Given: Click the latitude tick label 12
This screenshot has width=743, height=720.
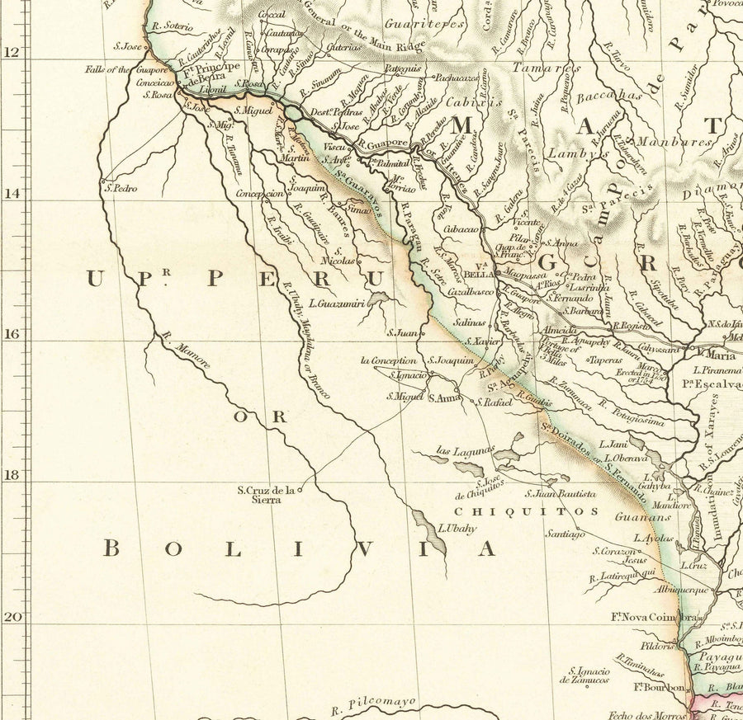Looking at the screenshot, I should (x=11, y=52).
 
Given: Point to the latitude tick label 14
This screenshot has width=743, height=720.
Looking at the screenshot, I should (x=11, y=193).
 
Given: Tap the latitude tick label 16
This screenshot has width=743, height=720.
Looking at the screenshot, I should (x=11, y=334).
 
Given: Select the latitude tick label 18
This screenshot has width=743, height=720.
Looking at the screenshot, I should (x=11, y=476).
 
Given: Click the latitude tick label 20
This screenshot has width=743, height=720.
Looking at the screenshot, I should (x=11, y=617).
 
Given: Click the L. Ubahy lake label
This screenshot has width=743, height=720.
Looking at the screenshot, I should (x=457, y=529).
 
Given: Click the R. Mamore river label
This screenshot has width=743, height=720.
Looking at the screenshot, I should (x=186, y=351).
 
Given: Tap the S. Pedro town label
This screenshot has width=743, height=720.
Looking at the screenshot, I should (x=121, y=188).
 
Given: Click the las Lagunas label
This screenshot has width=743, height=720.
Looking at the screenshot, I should (x=465, y=450).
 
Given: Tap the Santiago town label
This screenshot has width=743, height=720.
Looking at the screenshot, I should (x=565, y=534).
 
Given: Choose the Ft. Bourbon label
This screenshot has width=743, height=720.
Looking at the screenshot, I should (x=660, y=687).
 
